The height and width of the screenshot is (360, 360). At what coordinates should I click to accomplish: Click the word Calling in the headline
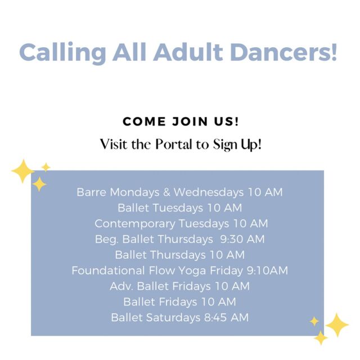(62, 52)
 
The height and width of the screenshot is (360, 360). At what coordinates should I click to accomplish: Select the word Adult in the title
(188, 52)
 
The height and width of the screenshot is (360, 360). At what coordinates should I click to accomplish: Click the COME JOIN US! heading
(181, 121)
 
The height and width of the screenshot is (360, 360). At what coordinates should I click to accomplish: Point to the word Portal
(174, 145)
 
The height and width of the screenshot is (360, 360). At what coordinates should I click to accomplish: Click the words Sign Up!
(237, 145)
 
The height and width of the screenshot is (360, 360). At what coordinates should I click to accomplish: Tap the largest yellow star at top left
(22, 171)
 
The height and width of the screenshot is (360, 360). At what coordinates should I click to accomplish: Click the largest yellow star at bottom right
(337, 325)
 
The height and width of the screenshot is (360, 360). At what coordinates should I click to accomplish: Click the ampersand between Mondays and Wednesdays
(166, 192)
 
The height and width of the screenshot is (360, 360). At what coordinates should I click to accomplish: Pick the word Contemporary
(135, 224)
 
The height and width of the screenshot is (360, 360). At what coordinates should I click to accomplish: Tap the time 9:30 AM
(242, 239)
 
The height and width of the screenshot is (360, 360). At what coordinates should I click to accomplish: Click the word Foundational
(108, 270)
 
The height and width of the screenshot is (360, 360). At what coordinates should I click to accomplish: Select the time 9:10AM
(267, 271)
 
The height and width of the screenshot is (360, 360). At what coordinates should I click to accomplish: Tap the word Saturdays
(173, 317)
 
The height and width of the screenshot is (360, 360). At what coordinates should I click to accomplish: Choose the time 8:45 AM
(226, 317)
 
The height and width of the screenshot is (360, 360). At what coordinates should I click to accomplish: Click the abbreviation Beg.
(107, 240)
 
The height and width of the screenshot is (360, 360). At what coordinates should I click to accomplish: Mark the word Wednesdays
(209, 192)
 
